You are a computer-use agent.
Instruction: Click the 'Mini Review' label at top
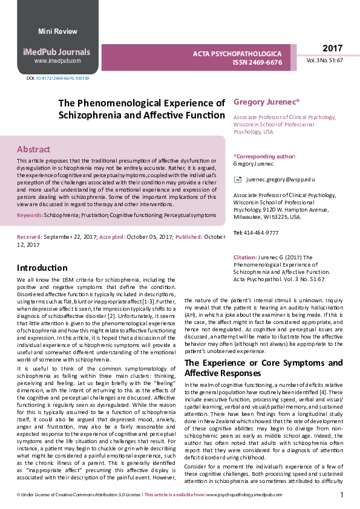pos(57,31)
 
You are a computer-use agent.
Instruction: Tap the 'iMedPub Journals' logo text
pos(57,51)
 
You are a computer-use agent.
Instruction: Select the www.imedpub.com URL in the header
pos(57,61)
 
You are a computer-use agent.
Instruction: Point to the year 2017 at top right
pos(332,48)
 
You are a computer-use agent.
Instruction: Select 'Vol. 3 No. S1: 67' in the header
pos(325,60)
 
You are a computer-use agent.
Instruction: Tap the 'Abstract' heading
pos(33,149)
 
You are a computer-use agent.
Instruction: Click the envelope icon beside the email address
pos(238,180)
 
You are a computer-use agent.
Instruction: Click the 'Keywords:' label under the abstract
pos(30,215)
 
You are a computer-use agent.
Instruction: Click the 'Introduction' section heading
pos(42,268)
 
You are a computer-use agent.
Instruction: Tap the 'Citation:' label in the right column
pos(245,258)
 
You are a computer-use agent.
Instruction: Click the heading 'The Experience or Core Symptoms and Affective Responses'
pos(263,368)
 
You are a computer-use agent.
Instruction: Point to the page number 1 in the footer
pos(342,495)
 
